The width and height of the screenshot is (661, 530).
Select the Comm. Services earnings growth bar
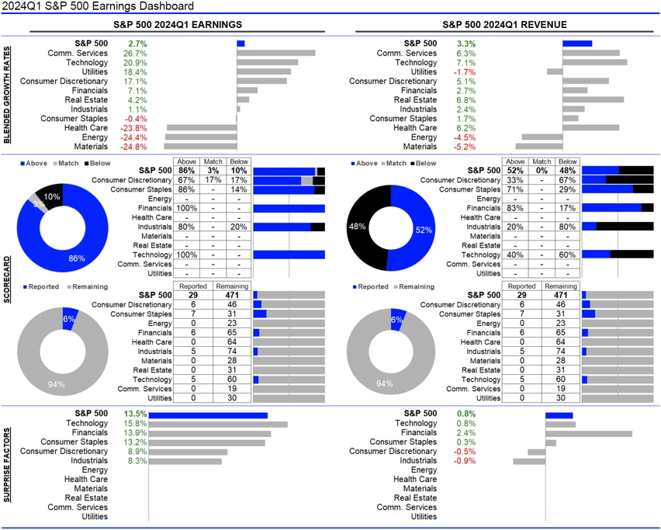click(276, 53)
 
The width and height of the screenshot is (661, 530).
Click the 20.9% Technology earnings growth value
click(134, 62)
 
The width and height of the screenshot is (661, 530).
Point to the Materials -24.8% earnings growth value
click(133, 146)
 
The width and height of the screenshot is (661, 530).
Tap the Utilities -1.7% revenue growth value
click(465, 71)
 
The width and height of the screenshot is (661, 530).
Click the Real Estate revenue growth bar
click(593, 99)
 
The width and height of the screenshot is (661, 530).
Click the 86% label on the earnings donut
click(75, 257)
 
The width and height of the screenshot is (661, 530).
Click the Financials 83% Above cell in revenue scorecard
click(515, 208)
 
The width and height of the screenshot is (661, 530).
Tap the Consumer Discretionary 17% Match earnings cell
click(213, 180)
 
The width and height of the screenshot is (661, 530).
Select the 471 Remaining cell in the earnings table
click(238, 295)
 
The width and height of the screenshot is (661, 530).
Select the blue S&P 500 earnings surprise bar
click(208, 415)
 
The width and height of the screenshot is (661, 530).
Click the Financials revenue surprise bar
click(589, 433)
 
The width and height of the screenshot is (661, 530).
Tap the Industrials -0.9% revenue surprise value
click(465, 461)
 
